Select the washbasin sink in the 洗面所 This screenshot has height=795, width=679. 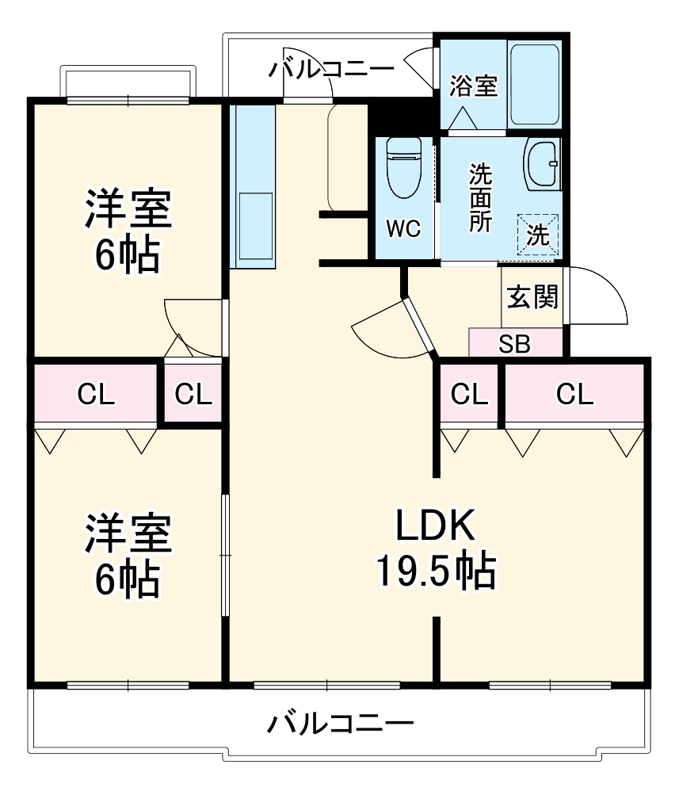542,163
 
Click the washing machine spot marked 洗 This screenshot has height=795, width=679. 538,235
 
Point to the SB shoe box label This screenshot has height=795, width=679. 515,344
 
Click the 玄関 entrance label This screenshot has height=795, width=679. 532,297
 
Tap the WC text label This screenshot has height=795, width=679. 403,229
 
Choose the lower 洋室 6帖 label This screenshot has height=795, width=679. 127,556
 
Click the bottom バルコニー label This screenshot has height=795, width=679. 340,723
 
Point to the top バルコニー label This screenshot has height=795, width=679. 330,69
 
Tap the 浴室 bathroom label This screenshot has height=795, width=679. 474,85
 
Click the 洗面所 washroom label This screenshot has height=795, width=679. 479,197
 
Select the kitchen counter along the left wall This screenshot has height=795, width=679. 251,186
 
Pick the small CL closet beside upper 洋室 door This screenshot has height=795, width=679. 193,393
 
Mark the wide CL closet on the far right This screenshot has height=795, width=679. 574,394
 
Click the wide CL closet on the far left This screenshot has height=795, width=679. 95,393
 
